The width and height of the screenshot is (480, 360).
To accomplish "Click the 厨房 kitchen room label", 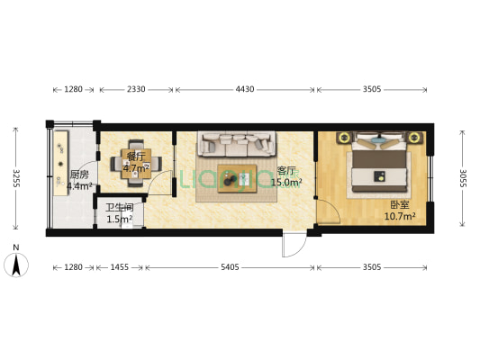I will tap(79, 175).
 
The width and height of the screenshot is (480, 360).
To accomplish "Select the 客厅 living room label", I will tap(286, 171).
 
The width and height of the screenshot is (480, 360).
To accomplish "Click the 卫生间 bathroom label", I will tap(119, 208).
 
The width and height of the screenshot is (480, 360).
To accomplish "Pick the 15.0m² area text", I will tap(286, 183).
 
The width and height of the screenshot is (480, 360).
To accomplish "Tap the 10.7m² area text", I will tap(399, 217).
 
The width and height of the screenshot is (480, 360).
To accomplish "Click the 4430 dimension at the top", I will tap(245, 89).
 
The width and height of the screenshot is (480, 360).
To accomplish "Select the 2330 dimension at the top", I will tap(136, 89).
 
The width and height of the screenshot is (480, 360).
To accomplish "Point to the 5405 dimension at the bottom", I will tap(230, 267).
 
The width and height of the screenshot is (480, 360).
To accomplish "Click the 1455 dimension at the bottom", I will tap(119, 267).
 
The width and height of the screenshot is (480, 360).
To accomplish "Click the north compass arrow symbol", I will tap(15, 263).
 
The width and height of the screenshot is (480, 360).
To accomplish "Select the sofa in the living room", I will tap(237, 143).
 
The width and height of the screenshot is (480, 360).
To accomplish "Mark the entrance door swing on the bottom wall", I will tap(294, 245).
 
